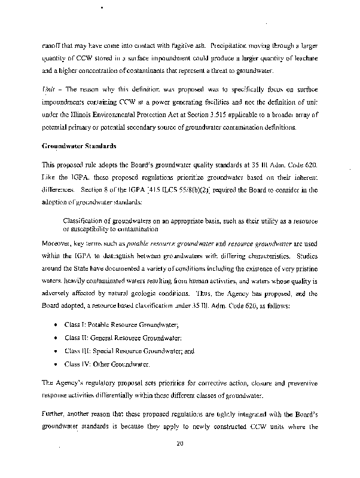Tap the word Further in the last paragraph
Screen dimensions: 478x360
coord(54,414)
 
